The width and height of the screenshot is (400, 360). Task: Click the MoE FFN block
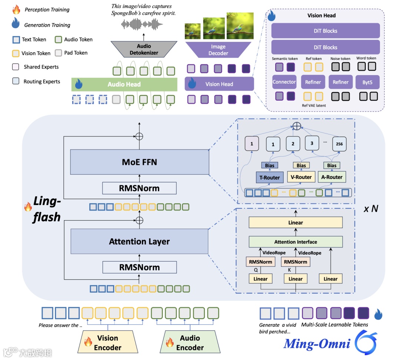tap(139, 162)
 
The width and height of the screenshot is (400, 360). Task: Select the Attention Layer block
tap(139, 241)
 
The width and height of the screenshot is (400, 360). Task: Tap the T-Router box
tap(269, 177)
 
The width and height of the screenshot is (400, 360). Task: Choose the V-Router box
tap(301, 177)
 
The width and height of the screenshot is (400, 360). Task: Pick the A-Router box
tap(331, 177)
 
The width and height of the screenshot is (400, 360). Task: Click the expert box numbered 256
tap(339, 144)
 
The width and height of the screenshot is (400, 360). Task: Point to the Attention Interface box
tap(296, 242)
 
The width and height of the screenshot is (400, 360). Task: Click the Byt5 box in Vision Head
tap(367, 82)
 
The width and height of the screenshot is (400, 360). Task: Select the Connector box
tap(284, 82)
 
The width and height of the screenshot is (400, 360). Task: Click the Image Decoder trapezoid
tap(218, 50)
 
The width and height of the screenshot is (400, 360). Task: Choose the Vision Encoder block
tap(107, 342)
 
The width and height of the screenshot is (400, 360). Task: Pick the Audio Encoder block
tap(190, 342)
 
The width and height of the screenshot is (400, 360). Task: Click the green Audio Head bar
tap(124, 84)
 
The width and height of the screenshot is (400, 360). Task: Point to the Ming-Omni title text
tap(317, 344)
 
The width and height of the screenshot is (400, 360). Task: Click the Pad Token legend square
tap(58, 53)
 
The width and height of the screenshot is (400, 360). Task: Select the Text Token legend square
tap(16, 40)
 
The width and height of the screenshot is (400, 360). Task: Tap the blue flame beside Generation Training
tap(16, 24)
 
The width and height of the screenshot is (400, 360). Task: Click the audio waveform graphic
tap(143, 25)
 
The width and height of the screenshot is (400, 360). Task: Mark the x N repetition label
tap(370, 209)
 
